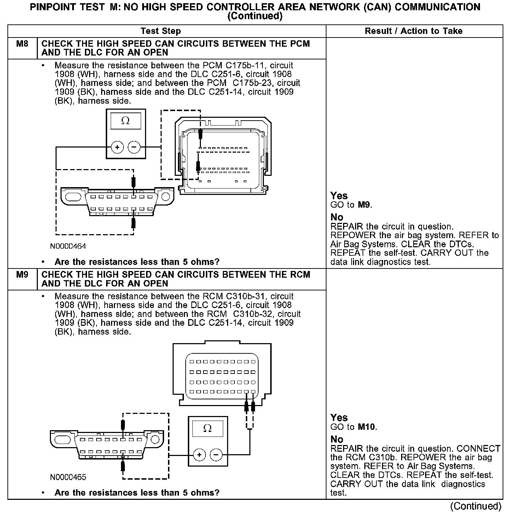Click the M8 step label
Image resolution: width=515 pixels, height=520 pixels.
tap(22, 44)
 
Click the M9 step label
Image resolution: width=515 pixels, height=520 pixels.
tap(22, 275)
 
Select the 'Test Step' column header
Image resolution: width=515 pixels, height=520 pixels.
tap(161, 31)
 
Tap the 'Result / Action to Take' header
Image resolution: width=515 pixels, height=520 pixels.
tap(413, 31)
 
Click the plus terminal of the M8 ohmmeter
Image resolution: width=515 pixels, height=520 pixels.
tap(117, 147)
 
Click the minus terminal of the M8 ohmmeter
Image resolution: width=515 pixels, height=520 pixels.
tap(134, 147)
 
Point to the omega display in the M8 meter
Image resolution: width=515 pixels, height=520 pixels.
tap(126, 121)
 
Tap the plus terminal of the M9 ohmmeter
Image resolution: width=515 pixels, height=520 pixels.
tap(199, 455)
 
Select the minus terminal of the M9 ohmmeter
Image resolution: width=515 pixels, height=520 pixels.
tap(216, 455)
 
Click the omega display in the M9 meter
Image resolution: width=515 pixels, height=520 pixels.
tap(208, 428)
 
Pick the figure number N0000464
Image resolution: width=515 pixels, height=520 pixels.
tap(68, 246)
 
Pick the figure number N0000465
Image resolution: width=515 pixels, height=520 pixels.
tap(68, 477)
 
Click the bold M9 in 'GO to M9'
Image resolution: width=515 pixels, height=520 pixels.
tap(365, 205)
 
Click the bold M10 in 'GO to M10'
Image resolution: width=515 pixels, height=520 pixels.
tap(367, 427)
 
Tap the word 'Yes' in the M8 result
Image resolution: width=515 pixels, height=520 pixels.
tap(339, 196)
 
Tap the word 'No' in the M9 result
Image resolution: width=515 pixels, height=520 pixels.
tap(337, 439)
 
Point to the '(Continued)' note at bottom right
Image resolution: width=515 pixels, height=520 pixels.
tap(475, 506)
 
